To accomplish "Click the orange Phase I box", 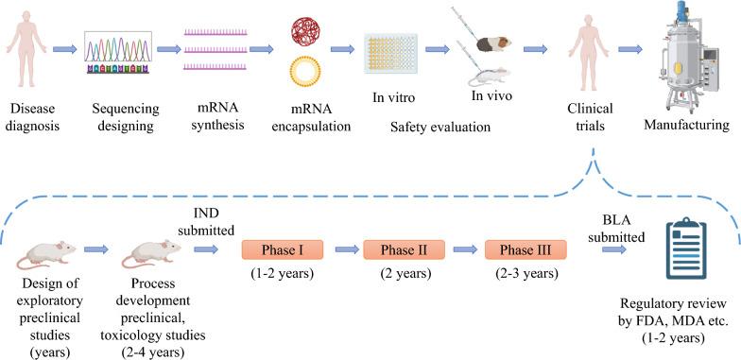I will pos(282,250).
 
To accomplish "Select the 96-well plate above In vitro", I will pos(390,57).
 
